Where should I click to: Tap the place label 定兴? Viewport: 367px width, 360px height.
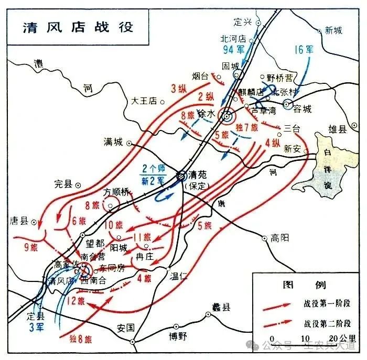[244, 21]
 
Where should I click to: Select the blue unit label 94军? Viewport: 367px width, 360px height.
[234, 50]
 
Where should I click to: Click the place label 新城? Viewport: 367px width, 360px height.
[333, 30]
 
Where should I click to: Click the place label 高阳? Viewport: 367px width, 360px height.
[280, 237]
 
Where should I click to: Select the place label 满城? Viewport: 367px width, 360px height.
[113, 141]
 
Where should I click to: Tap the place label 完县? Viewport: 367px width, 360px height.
[62, 184]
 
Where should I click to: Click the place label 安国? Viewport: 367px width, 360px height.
[126, 328]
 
